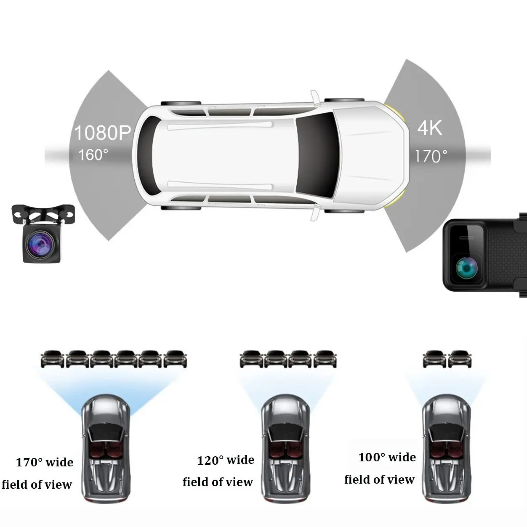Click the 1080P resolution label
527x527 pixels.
[x=102, y=133]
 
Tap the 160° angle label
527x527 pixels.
[x=93, y=155]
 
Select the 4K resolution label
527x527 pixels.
[x=430, y=128]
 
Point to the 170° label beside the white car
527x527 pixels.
[x=431, y=157]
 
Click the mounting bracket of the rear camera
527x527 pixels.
[x=43, y=214]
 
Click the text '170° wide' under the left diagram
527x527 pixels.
[x=45, y=463]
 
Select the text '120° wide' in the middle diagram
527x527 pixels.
[x=226, y=460]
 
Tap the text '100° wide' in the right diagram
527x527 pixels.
[x=387, y=458]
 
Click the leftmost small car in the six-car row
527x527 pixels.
[x=52, y=359]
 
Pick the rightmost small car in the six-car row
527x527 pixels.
[x=175, y=359]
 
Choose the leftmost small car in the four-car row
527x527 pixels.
[x=251, y=359]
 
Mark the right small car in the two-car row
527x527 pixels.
[x=459, y=359]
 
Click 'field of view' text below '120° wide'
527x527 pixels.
[x=218, y=482]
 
